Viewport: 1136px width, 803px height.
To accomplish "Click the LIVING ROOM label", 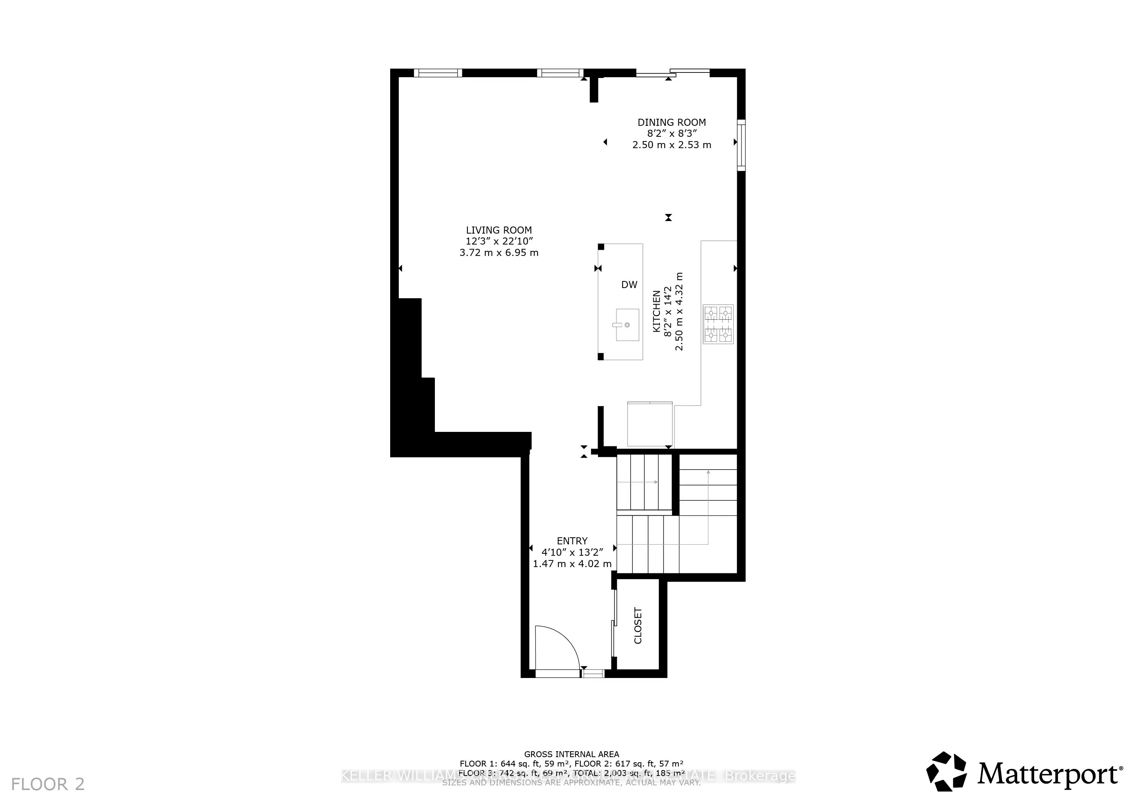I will [499, 230].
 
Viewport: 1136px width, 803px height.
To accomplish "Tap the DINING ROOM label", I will [671, 122].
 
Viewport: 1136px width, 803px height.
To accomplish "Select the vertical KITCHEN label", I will [656, 312].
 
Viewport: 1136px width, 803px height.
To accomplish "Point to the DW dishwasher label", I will [629, 285].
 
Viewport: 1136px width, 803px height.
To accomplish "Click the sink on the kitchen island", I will [627, 325].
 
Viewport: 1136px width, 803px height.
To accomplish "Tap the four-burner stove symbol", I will [718, 324].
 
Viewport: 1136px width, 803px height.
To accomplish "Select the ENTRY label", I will [572, 541].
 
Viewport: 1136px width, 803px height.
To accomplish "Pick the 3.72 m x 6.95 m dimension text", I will [499, 253].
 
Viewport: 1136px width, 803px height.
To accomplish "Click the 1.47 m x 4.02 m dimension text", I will [572, 564].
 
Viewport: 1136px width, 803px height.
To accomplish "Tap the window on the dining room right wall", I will [741, 145].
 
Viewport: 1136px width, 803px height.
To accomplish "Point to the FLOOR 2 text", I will [48, 784].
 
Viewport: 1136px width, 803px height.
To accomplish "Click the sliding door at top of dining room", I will [673, 73].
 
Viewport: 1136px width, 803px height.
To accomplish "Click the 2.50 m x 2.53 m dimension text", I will [671, 145].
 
